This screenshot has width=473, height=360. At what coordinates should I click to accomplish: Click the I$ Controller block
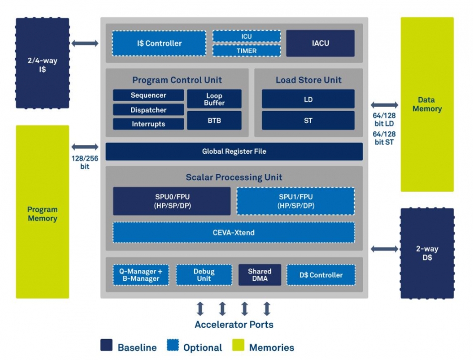pyautogui.click(x=158, y=43)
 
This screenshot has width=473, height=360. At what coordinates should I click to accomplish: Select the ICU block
pyautogui.click(x=246, y=36)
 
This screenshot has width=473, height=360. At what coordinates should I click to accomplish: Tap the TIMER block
pyautogui.click(x=246, y=51)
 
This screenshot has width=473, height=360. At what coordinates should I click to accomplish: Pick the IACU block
pyautogui.click(x=320, y=43)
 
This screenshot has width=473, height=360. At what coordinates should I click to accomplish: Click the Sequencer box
pyautogui.click(x=148, y=95)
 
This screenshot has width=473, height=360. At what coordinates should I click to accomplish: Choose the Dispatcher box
pyautogui.click(x=148, y=110)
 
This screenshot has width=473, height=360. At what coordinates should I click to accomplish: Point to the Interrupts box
pyautogui.click(x=148, y=124)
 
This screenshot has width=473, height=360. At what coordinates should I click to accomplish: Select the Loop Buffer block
pyautogui.click(x=214, y=99)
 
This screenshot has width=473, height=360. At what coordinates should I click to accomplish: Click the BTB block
pyautogui.click(x=214, y=120)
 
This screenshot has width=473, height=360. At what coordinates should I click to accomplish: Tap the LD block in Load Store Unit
pyautogui.click(x=308, y=99)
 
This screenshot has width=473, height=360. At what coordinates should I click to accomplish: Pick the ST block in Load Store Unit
pyautogui.click(x=308, y=120)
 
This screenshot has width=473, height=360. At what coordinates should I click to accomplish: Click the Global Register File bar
pyautogui.click(x=234, y=151)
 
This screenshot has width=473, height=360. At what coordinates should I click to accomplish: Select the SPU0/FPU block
pyautogui.click(x=172, y=201)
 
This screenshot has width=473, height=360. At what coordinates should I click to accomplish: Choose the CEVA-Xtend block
pyautogui.click(x=234, y=233)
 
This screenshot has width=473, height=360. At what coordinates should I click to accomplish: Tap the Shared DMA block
pyautogui.click(x=259, y=275)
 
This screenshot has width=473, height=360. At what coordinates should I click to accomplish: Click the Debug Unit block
pyautogui.click(x=204, y=275)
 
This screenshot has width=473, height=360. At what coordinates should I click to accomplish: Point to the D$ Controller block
pyautogui.click(x=321, y=275)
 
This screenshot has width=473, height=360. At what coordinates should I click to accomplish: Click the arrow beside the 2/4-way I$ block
pyautogui.click(x=85, y=43)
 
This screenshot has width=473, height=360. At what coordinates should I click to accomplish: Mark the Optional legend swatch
pyautogui.click(x=173, y=346)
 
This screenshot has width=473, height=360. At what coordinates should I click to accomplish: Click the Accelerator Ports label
pyautogui.click(x=234, y=325)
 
